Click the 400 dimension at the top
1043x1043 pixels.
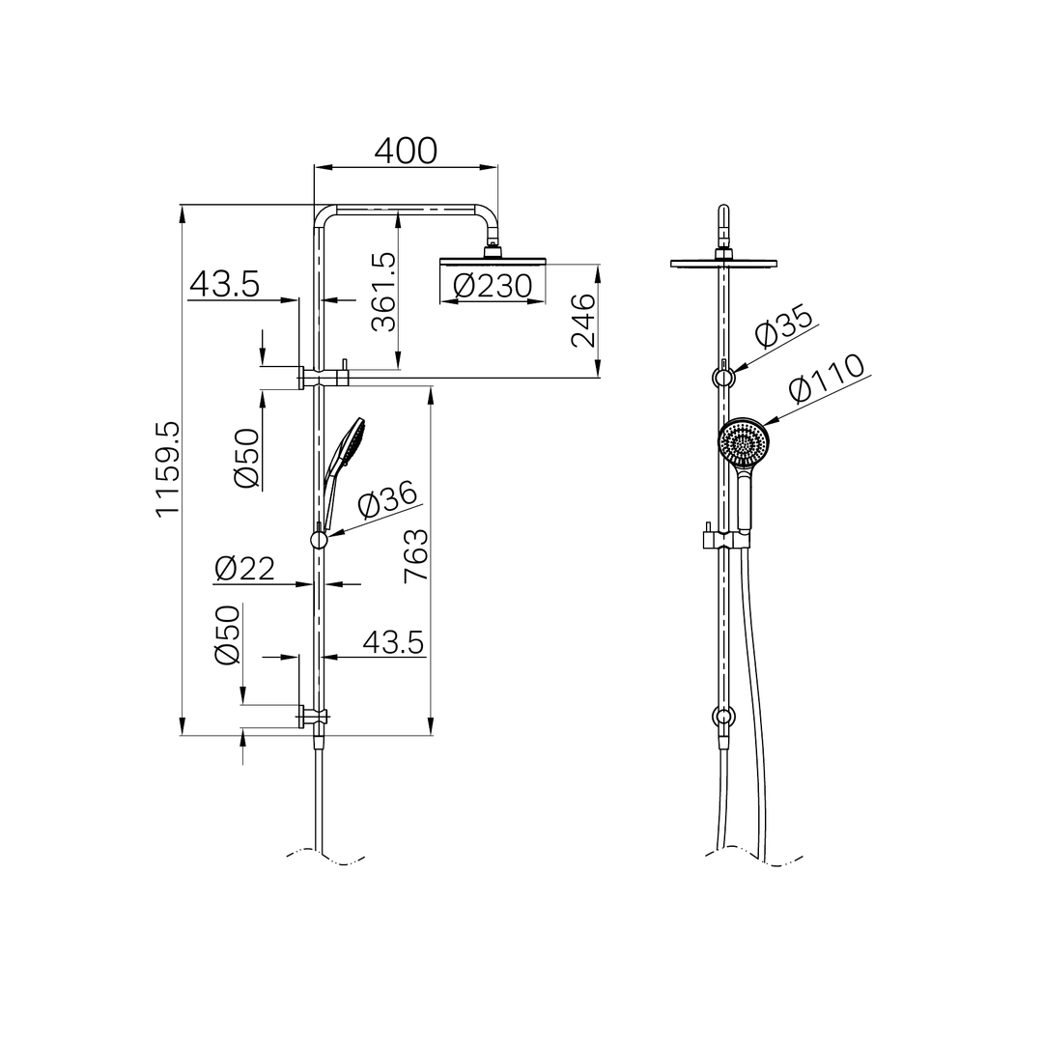pos(406,151)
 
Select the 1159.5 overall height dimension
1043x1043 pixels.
pos(167,468)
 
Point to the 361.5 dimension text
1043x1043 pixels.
pos(384,292)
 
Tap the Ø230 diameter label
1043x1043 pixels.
pos(493,286)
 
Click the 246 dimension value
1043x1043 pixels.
pos(583,320)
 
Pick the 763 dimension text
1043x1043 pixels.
pos(416,555)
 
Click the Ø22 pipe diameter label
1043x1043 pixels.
pos(244,569)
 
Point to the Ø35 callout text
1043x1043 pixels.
pos(784,327)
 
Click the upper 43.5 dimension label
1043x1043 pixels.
pos(224,284)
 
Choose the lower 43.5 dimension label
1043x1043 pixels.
pos(393,642)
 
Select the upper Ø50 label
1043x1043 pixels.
pos(248,458)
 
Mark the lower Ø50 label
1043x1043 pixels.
pos(227,634)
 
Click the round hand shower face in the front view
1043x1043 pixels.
pos(743,443)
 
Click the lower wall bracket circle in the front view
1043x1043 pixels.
pos(723,717)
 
